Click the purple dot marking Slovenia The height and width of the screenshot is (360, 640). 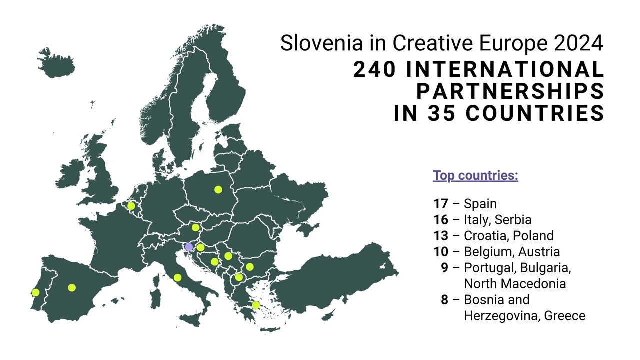[189, 247]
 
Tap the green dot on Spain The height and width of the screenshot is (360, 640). [72, 287]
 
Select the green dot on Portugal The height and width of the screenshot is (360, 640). [35, 292]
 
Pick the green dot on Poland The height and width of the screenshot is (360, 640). [218, 189]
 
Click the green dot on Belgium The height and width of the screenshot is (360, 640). [131, 206]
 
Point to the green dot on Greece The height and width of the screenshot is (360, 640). [256, 305]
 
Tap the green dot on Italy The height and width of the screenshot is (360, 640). [177, 278]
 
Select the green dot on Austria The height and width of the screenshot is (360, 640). [195, 227]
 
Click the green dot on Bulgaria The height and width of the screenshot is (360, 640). [250, 267]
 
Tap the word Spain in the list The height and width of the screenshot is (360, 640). [480, 204]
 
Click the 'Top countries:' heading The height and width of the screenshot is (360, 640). [475, 176]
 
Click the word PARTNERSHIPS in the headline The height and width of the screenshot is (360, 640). [510, 92]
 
